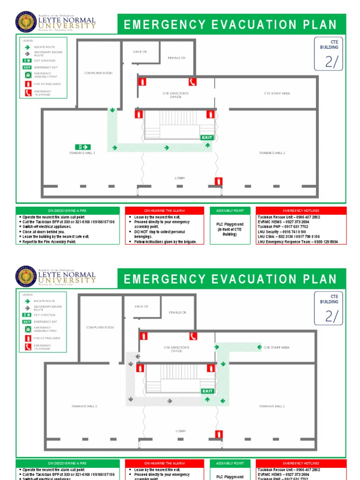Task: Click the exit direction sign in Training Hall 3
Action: pyautogui.click(x=82, y=147)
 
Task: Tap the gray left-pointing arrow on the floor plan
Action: pyautogui.click(x=138, y=356)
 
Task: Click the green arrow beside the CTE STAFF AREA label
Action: pyautogui.click(x=259, y=347)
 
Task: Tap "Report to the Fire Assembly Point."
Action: pyautogui.click(x=49, y=242)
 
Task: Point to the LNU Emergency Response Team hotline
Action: pyautogui.click(x=298, y=242)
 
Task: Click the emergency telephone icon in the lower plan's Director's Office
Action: pyautogui.click(x=193, y=336)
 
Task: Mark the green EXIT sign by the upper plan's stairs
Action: pyautogui.click(x=207, y=137)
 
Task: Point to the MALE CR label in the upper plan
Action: pyautogui.click(x=140, y=52)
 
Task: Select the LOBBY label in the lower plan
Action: pyautogui.click(x=180, y=431)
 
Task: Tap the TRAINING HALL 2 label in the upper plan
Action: pyautogui.click(x=272, y=153)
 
